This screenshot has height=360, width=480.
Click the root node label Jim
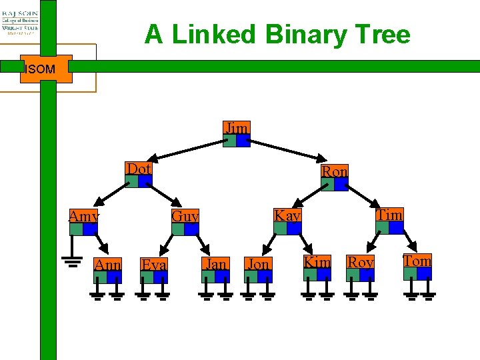237,128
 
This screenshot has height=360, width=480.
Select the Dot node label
139,169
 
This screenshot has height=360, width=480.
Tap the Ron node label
335,171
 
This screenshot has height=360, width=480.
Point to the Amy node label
84,216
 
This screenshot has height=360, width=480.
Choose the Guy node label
185,216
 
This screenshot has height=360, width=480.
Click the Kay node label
288,215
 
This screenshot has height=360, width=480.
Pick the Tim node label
390,215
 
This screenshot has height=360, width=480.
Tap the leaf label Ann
107,264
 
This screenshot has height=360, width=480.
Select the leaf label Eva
154,264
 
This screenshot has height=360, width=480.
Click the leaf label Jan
215,263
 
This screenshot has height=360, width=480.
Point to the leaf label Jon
257,264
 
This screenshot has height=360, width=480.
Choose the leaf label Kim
317,262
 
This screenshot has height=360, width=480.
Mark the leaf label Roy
360,262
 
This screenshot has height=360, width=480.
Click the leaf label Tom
417,261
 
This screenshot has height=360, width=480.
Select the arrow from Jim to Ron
287,153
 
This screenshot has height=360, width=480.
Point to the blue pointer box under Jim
243,141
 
